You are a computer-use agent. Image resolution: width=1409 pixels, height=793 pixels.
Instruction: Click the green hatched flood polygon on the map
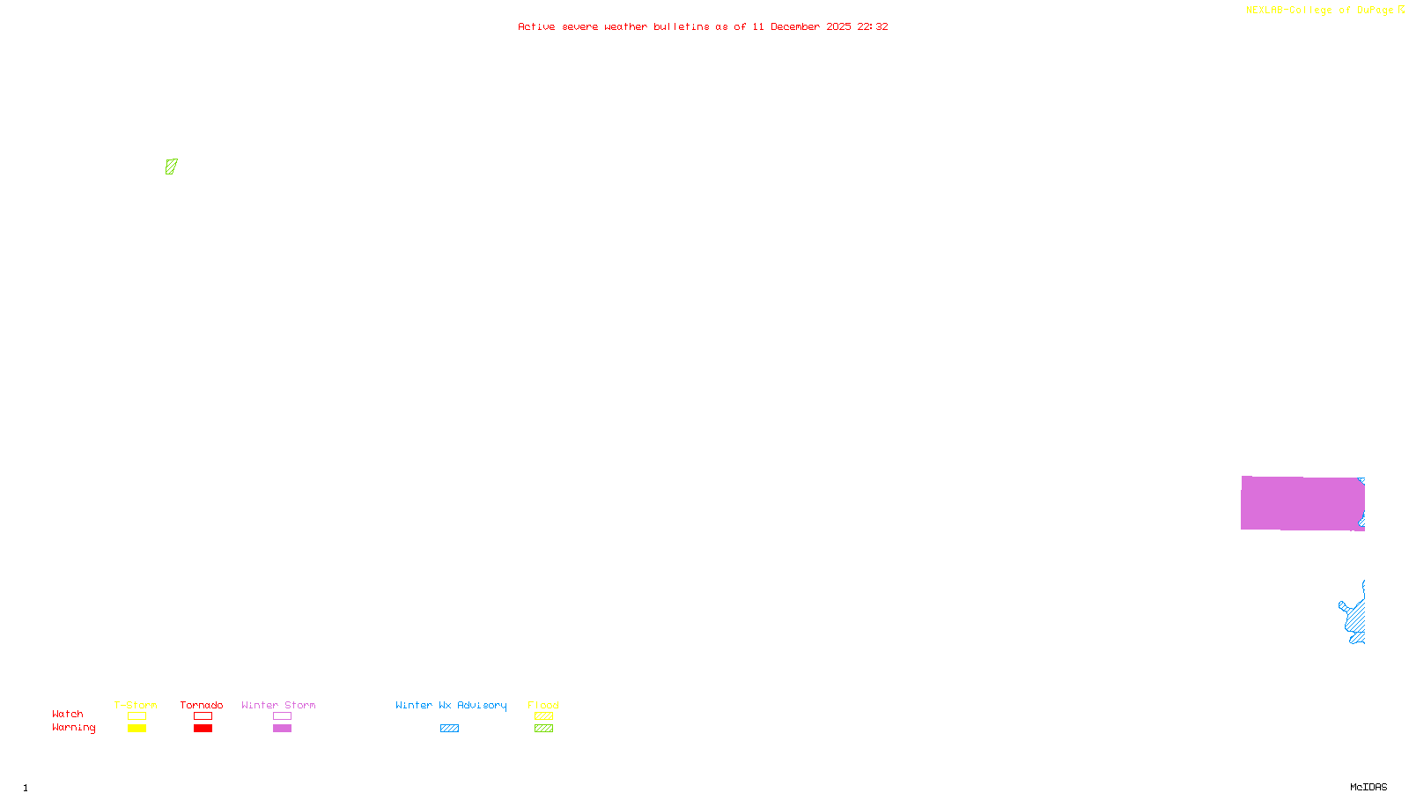pyautogui.click(x=171, y=167)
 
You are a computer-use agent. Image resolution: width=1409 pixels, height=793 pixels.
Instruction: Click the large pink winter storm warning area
pyautogui.click(x=1302, y=503)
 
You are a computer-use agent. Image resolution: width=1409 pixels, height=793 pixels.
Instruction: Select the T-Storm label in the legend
pyautogui.click(x=136, y=705)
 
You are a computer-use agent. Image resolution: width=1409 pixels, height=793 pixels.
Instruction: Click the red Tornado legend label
pyautogui.click(x=202, y=705)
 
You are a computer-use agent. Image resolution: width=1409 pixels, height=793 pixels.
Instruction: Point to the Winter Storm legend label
pyautogui.click(x=278, y=705)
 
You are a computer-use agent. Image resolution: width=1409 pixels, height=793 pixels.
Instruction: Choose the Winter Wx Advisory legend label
pyautogui.click(x=451, y=705)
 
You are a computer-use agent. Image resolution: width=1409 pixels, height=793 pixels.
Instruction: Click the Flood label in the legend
pyautogui.click(x=543, y=705)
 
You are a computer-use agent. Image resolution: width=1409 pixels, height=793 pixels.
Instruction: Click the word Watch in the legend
pyautogui.click(x=68, y=714)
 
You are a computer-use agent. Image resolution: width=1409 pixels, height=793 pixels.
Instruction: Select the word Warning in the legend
pyautogui.click(x=73, y=728)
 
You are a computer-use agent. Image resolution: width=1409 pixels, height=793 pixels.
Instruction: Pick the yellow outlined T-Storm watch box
pyautogui.click(x=136, y=716)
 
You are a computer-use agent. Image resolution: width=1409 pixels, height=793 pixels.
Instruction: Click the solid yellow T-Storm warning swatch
pyautogui.click(x=136, y=729)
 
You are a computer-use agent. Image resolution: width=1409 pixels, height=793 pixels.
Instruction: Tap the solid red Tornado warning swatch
pyautogui.click(x=203, y=729)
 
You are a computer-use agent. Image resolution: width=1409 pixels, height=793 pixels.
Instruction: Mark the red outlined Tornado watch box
pyautogui.click(x=203, y=716)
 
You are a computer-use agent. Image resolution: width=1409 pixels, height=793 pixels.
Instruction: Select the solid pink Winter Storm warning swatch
pyautogui.click(x=282, y=729)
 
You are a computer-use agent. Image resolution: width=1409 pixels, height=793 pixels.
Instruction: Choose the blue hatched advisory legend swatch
pyautogui.click(x=449, y=729)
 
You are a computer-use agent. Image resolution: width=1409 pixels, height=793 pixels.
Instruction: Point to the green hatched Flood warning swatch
pyautogui.click(x=543, y=729)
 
